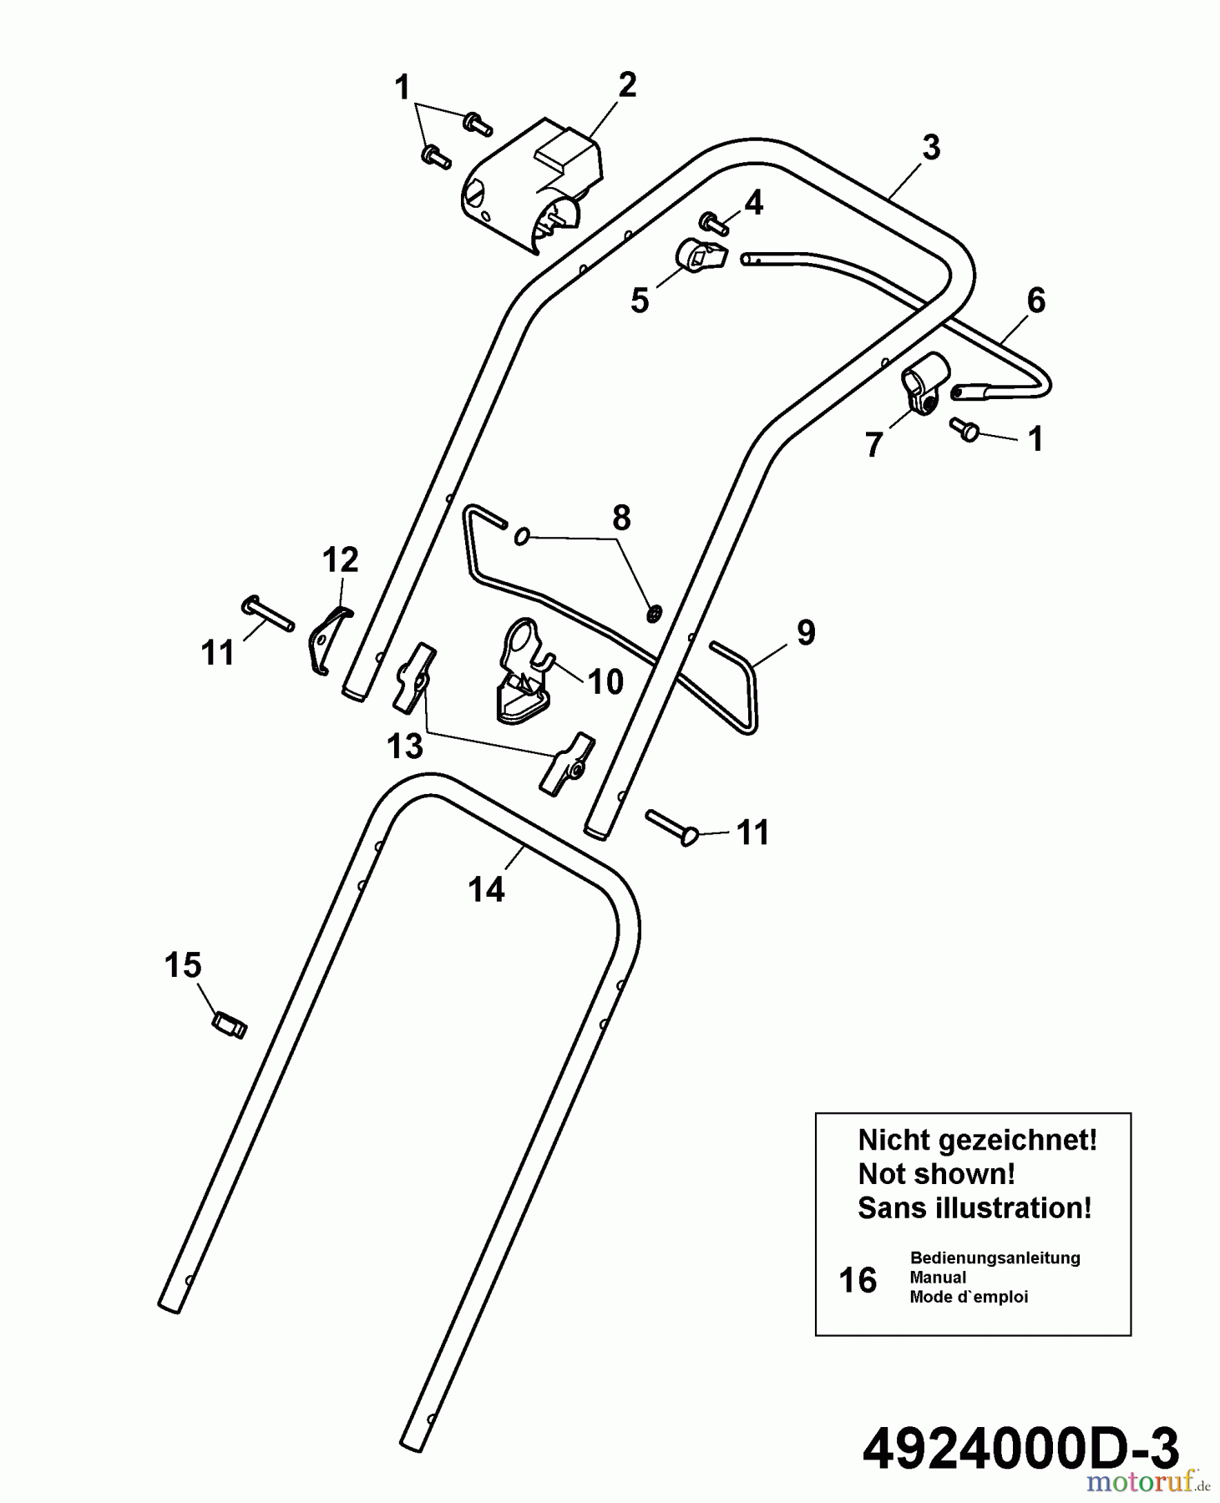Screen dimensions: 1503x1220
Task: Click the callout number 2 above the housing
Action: (626, 84)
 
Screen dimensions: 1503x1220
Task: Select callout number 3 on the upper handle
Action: (931, 148)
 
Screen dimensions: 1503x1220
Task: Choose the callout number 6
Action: (1035, 301)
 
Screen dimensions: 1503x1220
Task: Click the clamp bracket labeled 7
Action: (924, 383)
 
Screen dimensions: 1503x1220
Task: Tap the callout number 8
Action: (621, 519)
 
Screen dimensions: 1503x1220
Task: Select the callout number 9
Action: (805, 633)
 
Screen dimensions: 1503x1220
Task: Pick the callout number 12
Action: (340, 559)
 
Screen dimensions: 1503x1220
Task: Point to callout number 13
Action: (405, 746)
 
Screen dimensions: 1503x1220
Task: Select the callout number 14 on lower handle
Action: (486, 890)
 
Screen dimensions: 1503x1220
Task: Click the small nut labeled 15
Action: (230, 1024)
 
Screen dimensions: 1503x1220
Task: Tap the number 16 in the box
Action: (858, 1281)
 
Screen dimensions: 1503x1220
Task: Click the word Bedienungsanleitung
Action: (995, 1258)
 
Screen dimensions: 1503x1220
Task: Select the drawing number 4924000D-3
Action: (1020, 1447)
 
